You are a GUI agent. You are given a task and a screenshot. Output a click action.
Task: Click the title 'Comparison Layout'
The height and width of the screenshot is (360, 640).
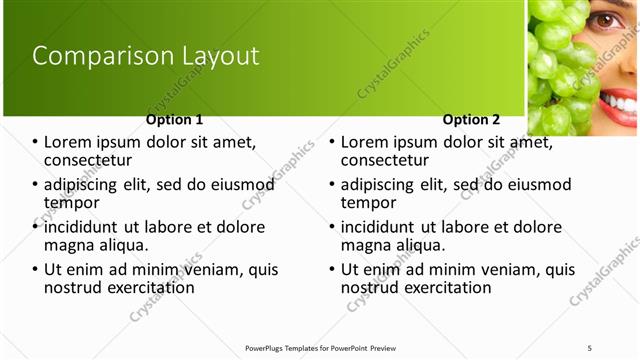pos(146,56)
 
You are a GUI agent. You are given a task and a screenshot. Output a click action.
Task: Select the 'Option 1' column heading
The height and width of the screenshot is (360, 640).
pos(174,119)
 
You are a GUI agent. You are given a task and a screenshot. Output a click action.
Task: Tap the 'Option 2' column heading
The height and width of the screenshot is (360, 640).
pos(471,119)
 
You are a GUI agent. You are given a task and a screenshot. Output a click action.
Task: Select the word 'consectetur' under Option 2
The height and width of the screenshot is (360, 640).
pos(385,160)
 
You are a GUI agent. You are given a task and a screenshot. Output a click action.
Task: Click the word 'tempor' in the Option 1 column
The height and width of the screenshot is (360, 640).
pos(72,203)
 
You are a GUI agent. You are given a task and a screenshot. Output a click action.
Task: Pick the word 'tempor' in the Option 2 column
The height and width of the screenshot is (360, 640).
pos(369,203)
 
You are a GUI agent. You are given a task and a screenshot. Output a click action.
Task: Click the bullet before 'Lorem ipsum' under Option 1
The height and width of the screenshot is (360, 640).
pos(35,142)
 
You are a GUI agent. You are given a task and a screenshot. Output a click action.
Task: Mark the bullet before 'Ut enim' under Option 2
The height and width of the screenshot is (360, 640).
pos(332,270)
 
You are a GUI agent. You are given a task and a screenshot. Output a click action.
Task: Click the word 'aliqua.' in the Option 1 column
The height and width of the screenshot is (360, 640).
pos(123,245)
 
